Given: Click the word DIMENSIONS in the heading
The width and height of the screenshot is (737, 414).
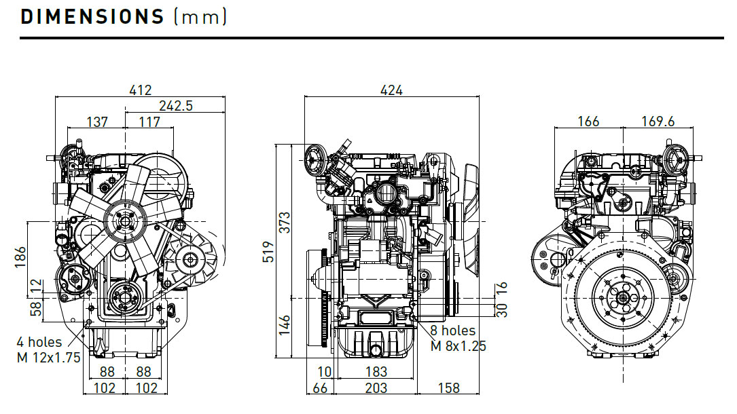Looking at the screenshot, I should (x=92, y=17).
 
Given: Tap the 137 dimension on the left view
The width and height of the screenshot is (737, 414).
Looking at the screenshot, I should (x=97, y=122).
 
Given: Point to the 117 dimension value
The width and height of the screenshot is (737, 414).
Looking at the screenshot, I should (x=149, y=122).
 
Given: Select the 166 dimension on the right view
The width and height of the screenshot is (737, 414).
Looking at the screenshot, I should (x=588, y=121).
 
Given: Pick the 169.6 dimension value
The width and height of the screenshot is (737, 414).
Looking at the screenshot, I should (x=658, y=121).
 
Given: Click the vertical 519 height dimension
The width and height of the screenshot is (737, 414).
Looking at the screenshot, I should (x=266, y=252).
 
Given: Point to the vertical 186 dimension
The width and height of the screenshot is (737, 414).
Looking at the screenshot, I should (x=20, y=257).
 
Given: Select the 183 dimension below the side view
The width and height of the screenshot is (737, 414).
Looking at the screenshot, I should (x=376, y=372).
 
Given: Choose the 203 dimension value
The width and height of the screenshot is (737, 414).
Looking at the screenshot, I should (x=376, y=388).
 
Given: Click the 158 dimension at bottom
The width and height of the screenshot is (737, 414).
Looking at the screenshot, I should (x=448, y=388).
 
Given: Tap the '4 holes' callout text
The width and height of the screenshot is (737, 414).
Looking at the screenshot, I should (x=40, y=342).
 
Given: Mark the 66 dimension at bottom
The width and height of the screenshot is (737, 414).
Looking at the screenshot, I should (x=320, y=388).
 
